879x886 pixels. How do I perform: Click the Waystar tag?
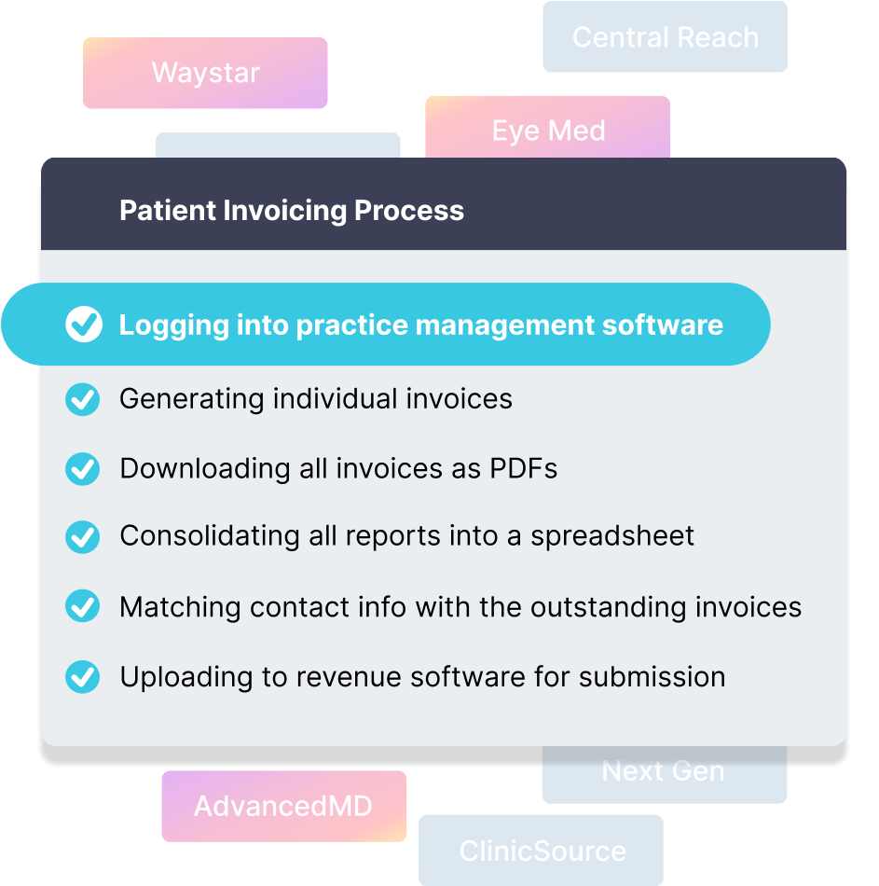pos(205,74)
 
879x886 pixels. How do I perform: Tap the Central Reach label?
pos(665,37)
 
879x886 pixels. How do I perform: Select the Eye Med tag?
pos(548,131)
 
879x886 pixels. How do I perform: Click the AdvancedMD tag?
pos(283,806)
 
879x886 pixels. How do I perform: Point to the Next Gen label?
pos(664,772)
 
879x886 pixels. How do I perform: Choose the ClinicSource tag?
pos(542,851)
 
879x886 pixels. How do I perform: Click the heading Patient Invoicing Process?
pos(292,211)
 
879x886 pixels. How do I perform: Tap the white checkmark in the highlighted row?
pos(84,325)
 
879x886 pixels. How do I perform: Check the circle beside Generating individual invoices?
pos(83,399)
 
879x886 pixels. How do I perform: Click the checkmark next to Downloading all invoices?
pos(83,468)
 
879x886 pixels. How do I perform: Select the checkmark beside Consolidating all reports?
pos(83,536)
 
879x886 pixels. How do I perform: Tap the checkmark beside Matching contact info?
pos(83,607)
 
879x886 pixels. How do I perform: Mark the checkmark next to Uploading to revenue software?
pos(83,676)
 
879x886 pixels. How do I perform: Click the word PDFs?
pos(524,468)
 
